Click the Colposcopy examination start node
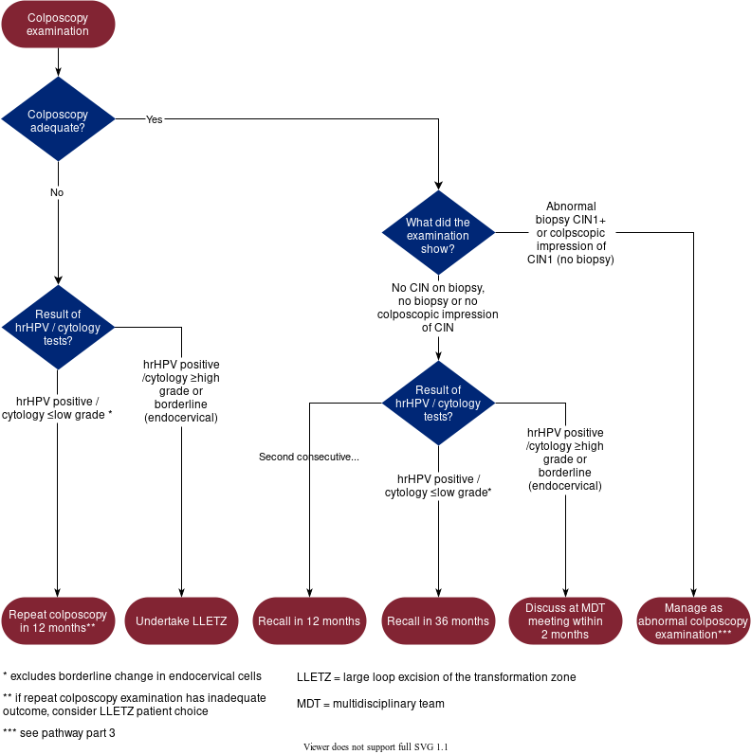[58, 25]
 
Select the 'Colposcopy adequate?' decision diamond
[58, 119]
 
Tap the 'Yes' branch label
[155, 120]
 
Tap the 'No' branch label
[58, 192]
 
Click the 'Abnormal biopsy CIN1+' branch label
[572, 233]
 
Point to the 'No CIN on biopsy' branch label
[438, 308]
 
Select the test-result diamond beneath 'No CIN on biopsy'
[438, 403]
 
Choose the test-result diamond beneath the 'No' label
[58, 327]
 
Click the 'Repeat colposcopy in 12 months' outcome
[58, 621]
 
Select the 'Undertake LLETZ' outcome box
[181, 621]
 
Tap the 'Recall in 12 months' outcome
[309, 621]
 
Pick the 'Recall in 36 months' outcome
[438, 621]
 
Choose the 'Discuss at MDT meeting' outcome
[565, 621]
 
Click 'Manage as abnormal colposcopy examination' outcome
[693, 621]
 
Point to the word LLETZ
[208, 621]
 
